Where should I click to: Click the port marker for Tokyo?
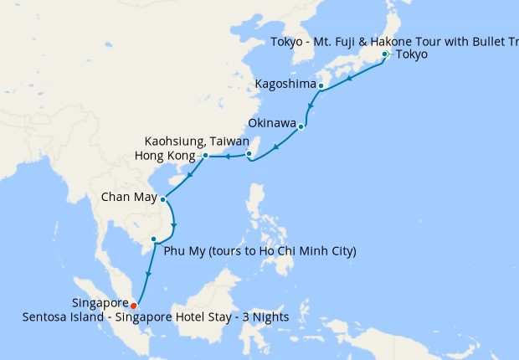(x=385, y=54)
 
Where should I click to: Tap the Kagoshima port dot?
(x=321, y=85)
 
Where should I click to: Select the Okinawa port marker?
(x=301, y=127)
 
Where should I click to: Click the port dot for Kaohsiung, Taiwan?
(x=249, y=153)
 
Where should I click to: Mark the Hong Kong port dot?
(x=205, y=156)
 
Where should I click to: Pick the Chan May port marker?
(x=162, y=199)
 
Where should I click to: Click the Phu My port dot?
(x=153, y=239)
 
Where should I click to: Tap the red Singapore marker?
(x=133, y=305)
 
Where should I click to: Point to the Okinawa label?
(x=272, y=123)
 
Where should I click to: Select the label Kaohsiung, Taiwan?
(x=197, y=141)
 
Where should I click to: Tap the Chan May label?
(x=128, y=198)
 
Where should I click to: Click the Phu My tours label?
(x=260, y=250)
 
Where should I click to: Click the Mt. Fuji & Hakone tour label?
(x=393, y=42)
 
